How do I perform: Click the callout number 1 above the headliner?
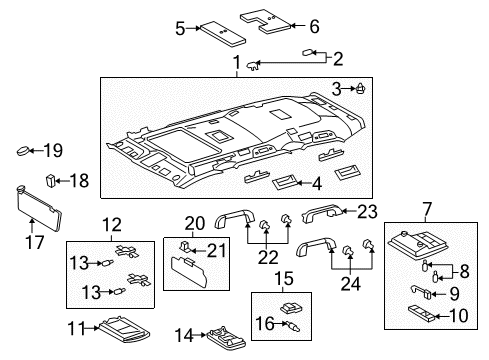(236, 66)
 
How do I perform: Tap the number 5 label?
(180, 29)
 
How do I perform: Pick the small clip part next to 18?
(51, 180)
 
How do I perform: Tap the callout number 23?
(369, 210)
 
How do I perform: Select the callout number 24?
(349, 282)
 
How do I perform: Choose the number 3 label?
(337, 89)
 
